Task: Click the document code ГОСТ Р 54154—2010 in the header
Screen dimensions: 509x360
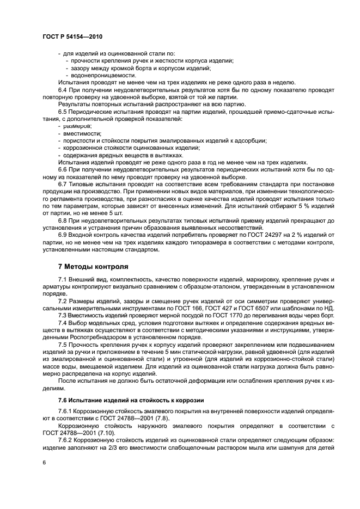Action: [x=72, y=35]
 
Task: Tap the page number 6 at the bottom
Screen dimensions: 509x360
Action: [x=44, y=462]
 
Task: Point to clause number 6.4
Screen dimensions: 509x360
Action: [x=63, y=90]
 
